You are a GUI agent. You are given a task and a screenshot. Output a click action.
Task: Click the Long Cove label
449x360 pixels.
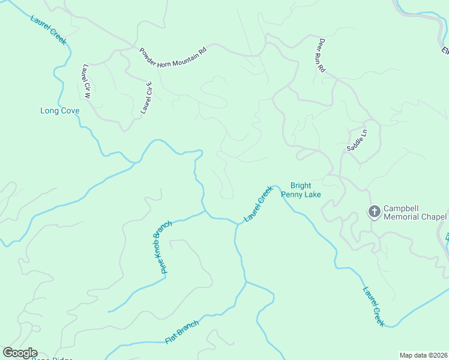point(59,111)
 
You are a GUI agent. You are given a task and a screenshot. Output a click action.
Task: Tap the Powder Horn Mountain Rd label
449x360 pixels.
point(173,58)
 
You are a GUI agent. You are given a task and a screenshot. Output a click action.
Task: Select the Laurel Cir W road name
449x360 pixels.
point(86,82)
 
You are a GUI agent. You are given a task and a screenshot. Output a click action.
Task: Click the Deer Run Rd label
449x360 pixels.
point(321,56)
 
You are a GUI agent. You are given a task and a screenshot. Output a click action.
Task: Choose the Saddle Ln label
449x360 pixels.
point(357,140)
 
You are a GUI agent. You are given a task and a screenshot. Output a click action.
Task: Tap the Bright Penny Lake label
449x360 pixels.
point(306,190)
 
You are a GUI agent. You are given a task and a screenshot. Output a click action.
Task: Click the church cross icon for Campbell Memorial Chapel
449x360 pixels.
point(374,211)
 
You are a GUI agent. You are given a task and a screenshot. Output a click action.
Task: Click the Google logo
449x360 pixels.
point(20,353)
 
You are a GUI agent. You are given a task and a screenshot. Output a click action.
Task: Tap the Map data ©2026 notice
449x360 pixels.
point(423,355)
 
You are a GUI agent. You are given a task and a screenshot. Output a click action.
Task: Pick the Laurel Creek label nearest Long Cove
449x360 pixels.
point(49,28)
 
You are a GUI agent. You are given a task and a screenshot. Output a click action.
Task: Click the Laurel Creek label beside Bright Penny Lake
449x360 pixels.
point(258,204)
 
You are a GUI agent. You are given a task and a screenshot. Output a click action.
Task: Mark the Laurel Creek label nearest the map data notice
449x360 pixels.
point(373,306)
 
